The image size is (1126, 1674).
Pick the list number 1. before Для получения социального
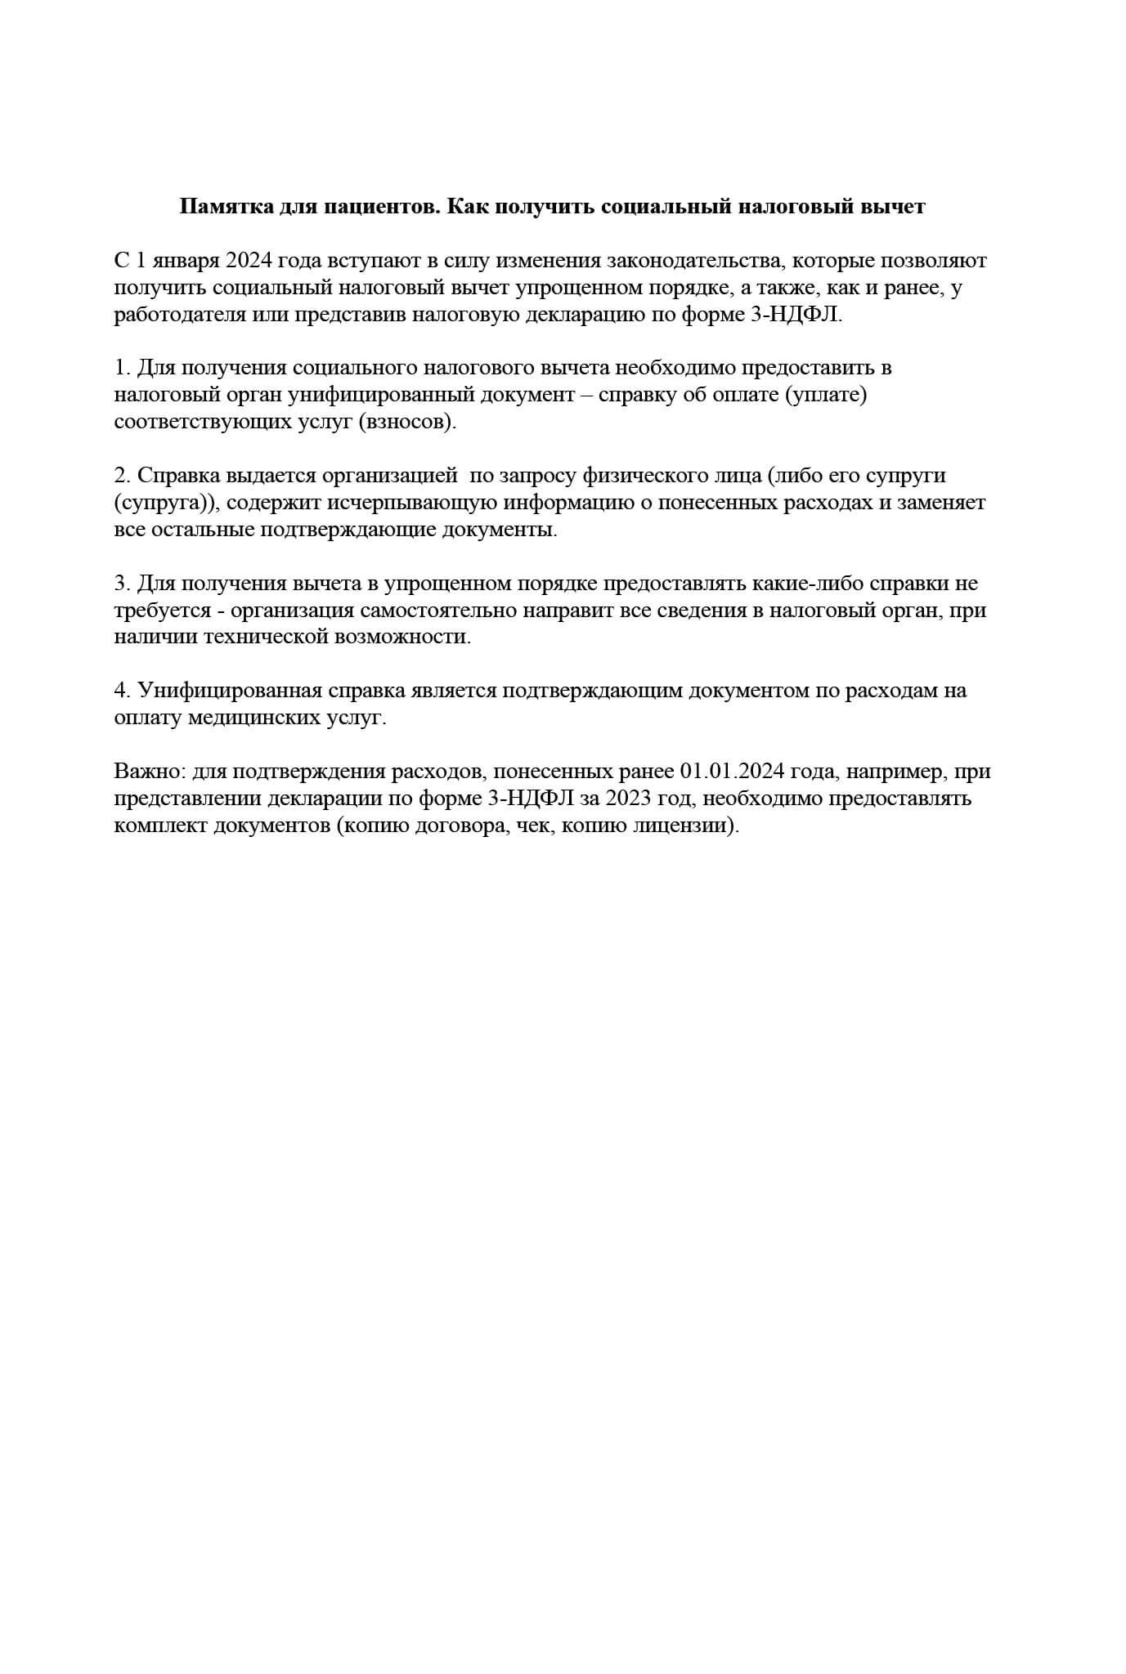click(122, 368)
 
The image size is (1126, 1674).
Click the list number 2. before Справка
click(123, 476)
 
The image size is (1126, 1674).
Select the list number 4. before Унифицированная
click(123, 691)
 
